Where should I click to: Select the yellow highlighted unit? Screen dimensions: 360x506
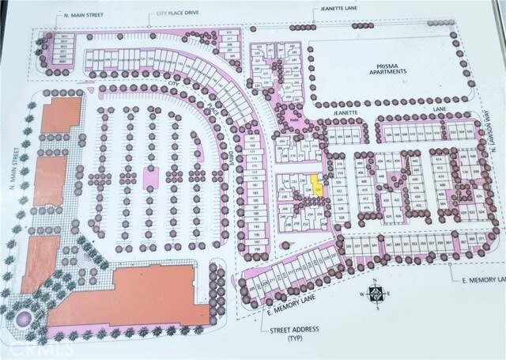click(317, 187)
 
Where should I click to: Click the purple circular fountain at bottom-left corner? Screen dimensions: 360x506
click(22, 319)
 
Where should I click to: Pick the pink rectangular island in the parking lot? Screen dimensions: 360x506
click(152, 176)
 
